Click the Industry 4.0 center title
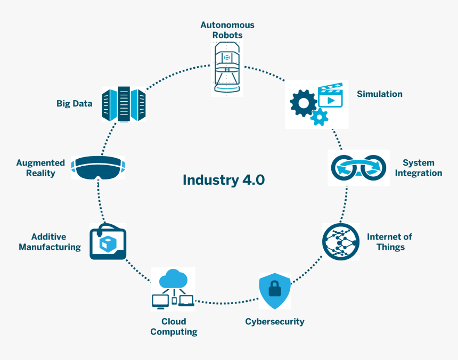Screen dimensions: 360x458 pyautogui.click(x=224, y=179)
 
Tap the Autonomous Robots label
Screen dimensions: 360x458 pyautogui.click(x=227, y=30)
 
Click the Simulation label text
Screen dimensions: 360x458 pyautogui.click(x=379, y=94)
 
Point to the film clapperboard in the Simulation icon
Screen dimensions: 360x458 pyautogui.click(x=329, y=96)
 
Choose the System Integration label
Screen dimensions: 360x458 pyautogui.click(x=418, y=168)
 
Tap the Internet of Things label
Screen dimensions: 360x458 pyautogui.click(x=389, y=242)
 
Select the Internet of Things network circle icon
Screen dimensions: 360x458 pyautogui.click(x=341, y=242)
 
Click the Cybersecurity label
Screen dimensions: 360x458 pyautogui.click(x=275, y=322)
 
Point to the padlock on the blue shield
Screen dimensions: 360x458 pyautogui.click(x=275, y=289)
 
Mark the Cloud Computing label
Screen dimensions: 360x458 pyautogui.click(x=174, y=326)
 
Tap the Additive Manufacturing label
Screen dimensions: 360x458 pyautogui.click(x=50, y=242)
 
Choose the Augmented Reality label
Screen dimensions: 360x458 pyautogui.click(x=40, y=168)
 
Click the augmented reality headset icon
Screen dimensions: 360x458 pyautogui.click(x=99, y=168)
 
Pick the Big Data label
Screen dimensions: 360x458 pyautogui.click(x=75, y=104)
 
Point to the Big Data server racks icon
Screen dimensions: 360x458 pyautogui.click(x=124, y=104)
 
